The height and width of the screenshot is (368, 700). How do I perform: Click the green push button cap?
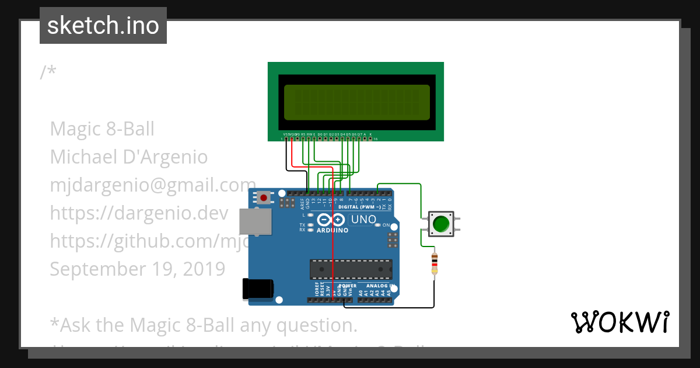tap(440, 224)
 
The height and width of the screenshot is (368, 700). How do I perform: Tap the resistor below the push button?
tap(434, 264)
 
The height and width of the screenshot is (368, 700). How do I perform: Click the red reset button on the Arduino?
tap(264, 198)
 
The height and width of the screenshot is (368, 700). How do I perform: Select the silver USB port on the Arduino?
tap(256, 223)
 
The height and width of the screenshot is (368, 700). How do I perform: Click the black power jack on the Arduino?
tap(257, 289)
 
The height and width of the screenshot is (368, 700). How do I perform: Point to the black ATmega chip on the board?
tap(351, 269)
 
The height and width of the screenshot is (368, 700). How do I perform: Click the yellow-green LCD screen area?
tap(356, 102)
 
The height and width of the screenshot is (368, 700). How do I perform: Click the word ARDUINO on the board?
tap(332, 230)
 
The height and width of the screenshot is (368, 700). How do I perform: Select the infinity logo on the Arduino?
tap(331, 220)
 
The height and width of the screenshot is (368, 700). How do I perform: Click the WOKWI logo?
tap(619, 322)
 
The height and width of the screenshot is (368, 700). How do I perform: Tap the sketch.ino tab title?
tap(103, 26)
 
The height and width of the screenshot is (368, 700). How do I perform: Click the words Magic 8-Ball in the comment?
tap(102, 129)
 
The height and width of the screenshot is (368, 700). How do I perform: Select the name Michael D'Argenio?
tap(129, 157)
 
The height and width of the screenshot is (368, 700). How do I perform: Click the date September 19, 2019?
tap(137, 269)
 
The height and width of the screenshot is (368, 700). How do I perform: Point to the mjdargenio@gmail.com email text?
tap(153, 185)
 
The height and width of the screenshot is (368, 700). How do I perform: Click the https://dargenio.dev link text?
tap(139, 213)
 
